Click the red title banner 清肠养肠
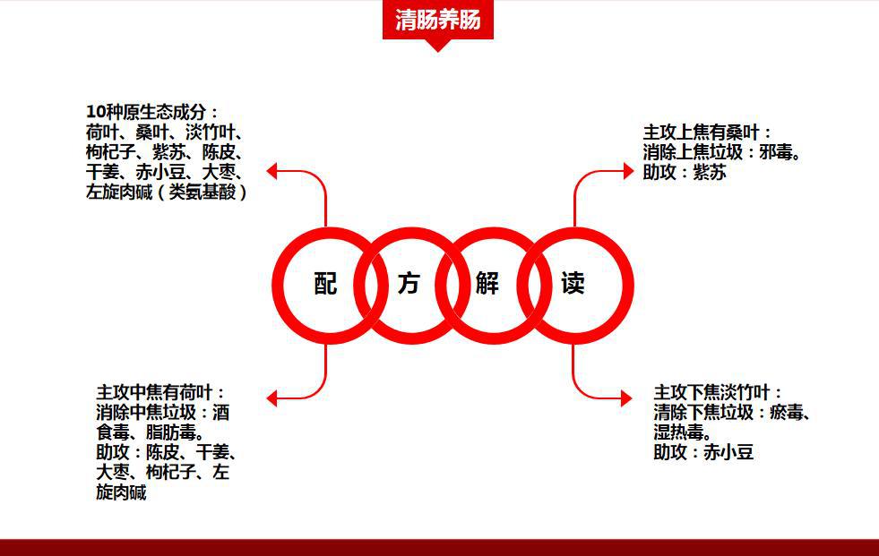click(437, 19)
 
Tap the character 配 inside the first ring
click(326, 284)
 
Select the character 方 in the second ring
click(409, 284)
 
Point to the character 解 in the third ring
click(487, 284)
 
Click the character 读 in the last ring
click(573, 284)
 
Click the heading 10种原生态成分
click(152, 112)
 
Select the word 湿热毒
click(682, 432)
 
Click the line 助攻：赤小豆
click(703, 452)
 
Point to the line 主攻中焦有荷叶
click(161, 392)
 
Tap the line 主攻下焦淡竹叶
click(718, 392)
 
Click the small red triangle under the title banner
click(437, 45)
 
